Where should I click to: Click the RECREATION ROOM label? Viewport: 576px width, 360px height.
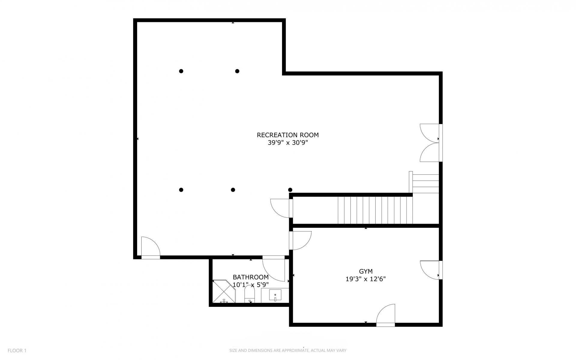(x=288, y=135)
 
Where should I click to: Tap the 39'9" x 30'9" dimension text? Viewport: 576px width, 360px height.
(x=288, y=143)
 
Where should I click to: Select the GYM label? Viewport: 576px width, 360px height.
(x=366, y=271)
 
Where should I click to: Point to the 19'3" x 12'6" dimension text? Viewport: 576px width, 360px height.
(x=366, y=279)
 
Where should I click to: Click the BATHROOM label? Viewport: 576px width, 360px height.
(x=251, y=277)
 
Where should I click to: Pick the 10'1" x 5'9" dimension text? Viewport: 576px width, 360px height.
(x=251, y=285)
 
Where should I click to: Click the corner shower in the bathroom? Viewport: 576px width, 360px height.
(x=224, y=291)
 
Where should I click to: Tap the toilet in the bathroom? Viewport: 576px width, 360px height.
(x=250, y=294)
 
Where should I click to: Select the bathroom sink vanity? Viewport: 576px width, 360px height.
(x=275, y=295)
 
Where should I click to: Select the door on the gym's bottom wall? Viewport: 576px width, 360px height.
(x=386, y=315)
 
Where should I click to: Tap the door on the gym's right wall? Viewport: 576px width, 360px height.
(x=431, y=270)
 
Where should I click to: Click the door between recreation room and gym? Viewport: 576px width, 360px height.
(x=300, y=241)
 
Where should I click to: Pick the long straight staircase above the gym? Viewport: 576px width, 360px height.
(x=375, y=210)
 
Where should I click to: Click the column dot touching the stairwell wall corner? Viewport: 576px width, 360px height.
(x=290, y=190)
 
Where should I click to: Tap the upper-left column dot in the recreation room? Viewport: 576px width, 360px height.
(x=181, y=71)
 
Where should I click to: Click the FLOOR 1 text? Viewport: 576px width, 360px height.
(x=17, y=350)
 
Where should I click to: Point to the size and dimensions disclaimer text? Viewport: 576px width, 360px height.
(x=288, y=350)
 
